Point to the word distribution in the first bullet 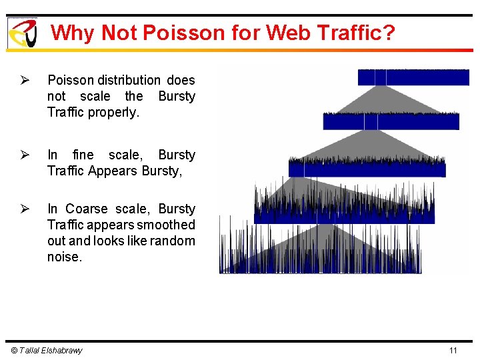[x=129, y=80]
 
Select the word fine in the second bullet [x=85, y=155]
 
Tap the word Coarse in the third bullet [x=84, y=209]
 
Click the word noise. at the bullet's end [x=65, y=257]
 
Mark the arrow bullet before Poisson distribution [x=25, y=81]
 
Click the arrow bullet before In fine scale [x=25, y=155]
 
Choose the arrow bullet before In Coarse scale [x=25, y=209]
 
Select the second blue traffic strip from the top [x=391, y=121]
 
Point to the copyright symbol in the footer [x=15, y=351]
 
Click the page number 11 [x=453, y=351]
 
